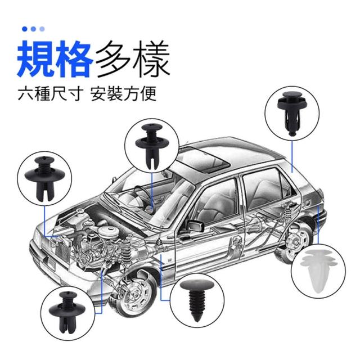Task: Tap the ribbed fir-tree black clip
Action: coord(197,299)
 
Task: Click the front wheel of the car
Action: coord(133,293)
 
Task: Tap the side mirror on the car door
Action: coord(195,226)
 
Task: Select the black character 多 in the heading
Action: coord(112,58)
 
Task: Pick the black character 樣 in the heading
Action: coord(151,58)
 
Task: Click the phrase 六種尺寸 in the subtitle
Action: coord(50,93)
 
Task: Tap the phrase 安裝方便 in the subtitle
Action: coord(124,93)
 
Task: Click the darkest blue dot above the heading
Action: coord(25,29)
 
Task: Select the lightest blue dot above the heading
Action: coord(42,29)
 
